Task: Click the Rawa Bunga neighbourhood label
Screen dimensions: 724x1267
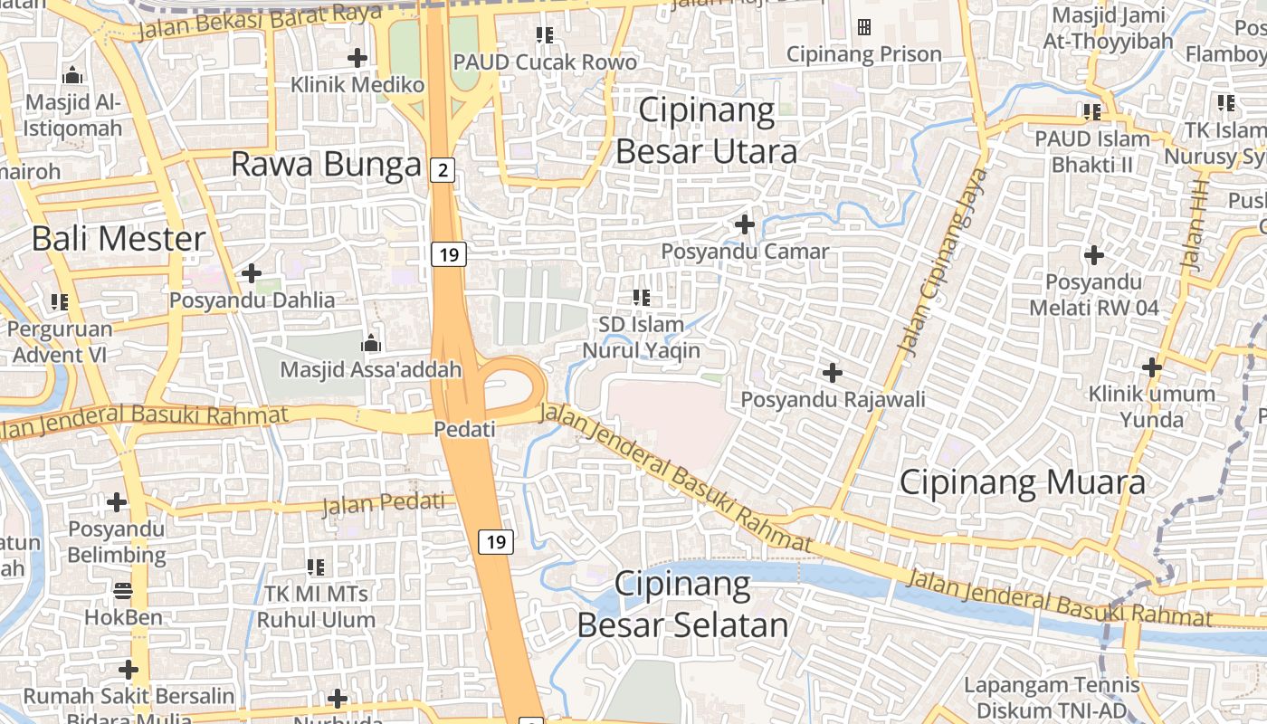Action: (326, 165)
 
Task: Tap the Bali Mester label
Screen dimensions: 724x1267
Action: (119, 239)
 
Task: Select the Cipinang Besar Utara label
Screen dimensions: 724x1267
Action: (707, 130)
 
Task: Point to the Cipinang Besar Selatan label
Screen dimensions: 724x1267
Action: (683, 605)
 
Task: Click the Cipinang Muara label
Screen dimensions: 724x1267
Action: (1022, 481)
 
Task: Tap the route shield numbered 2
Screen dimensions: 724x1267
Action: (442, 169)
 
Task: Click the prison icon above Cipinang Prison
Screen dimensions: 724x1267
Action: (864, 27)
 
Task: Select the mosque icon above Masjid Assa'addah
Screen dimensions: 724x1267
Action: (370, 343)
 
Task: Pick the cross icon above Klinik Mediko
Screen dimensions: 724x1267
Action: (357, 59)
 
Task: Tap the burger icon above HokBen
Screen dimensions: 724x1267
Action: (123, 591)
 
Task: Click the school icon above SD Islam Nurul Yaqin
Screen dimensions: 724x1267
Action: (642, 297)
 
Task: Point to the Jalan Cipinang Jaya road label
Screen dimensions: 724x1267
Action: (941, 260)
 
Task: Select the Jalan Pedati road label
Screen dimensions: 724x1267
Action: (384, 503)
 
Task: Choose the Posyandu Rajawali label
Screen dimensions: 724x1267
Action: (833, 399)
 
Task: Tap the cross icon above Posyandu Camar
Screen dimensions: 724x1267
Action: (745, 224)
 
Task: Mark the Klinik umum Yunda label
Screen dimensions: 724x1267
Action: (1151, 406)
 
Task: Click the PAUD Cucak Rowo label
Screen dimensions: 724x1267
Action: (545, 62)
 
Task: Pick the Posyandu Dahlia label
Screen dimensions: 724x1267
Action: (252, 300)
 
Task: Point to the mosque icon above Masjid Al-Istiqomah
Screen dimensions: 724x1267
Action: (72, 75)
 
